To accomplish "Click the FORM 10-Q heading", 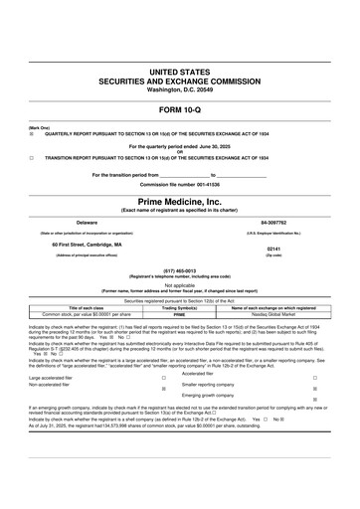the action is [x=180, y=109].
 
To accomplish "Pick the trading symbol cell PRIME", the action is [x=180, y=313].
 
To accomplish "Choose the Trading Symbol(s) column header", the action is [x=180, y=307].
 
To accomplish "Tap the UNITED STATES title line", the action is [x=180, y=74].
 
